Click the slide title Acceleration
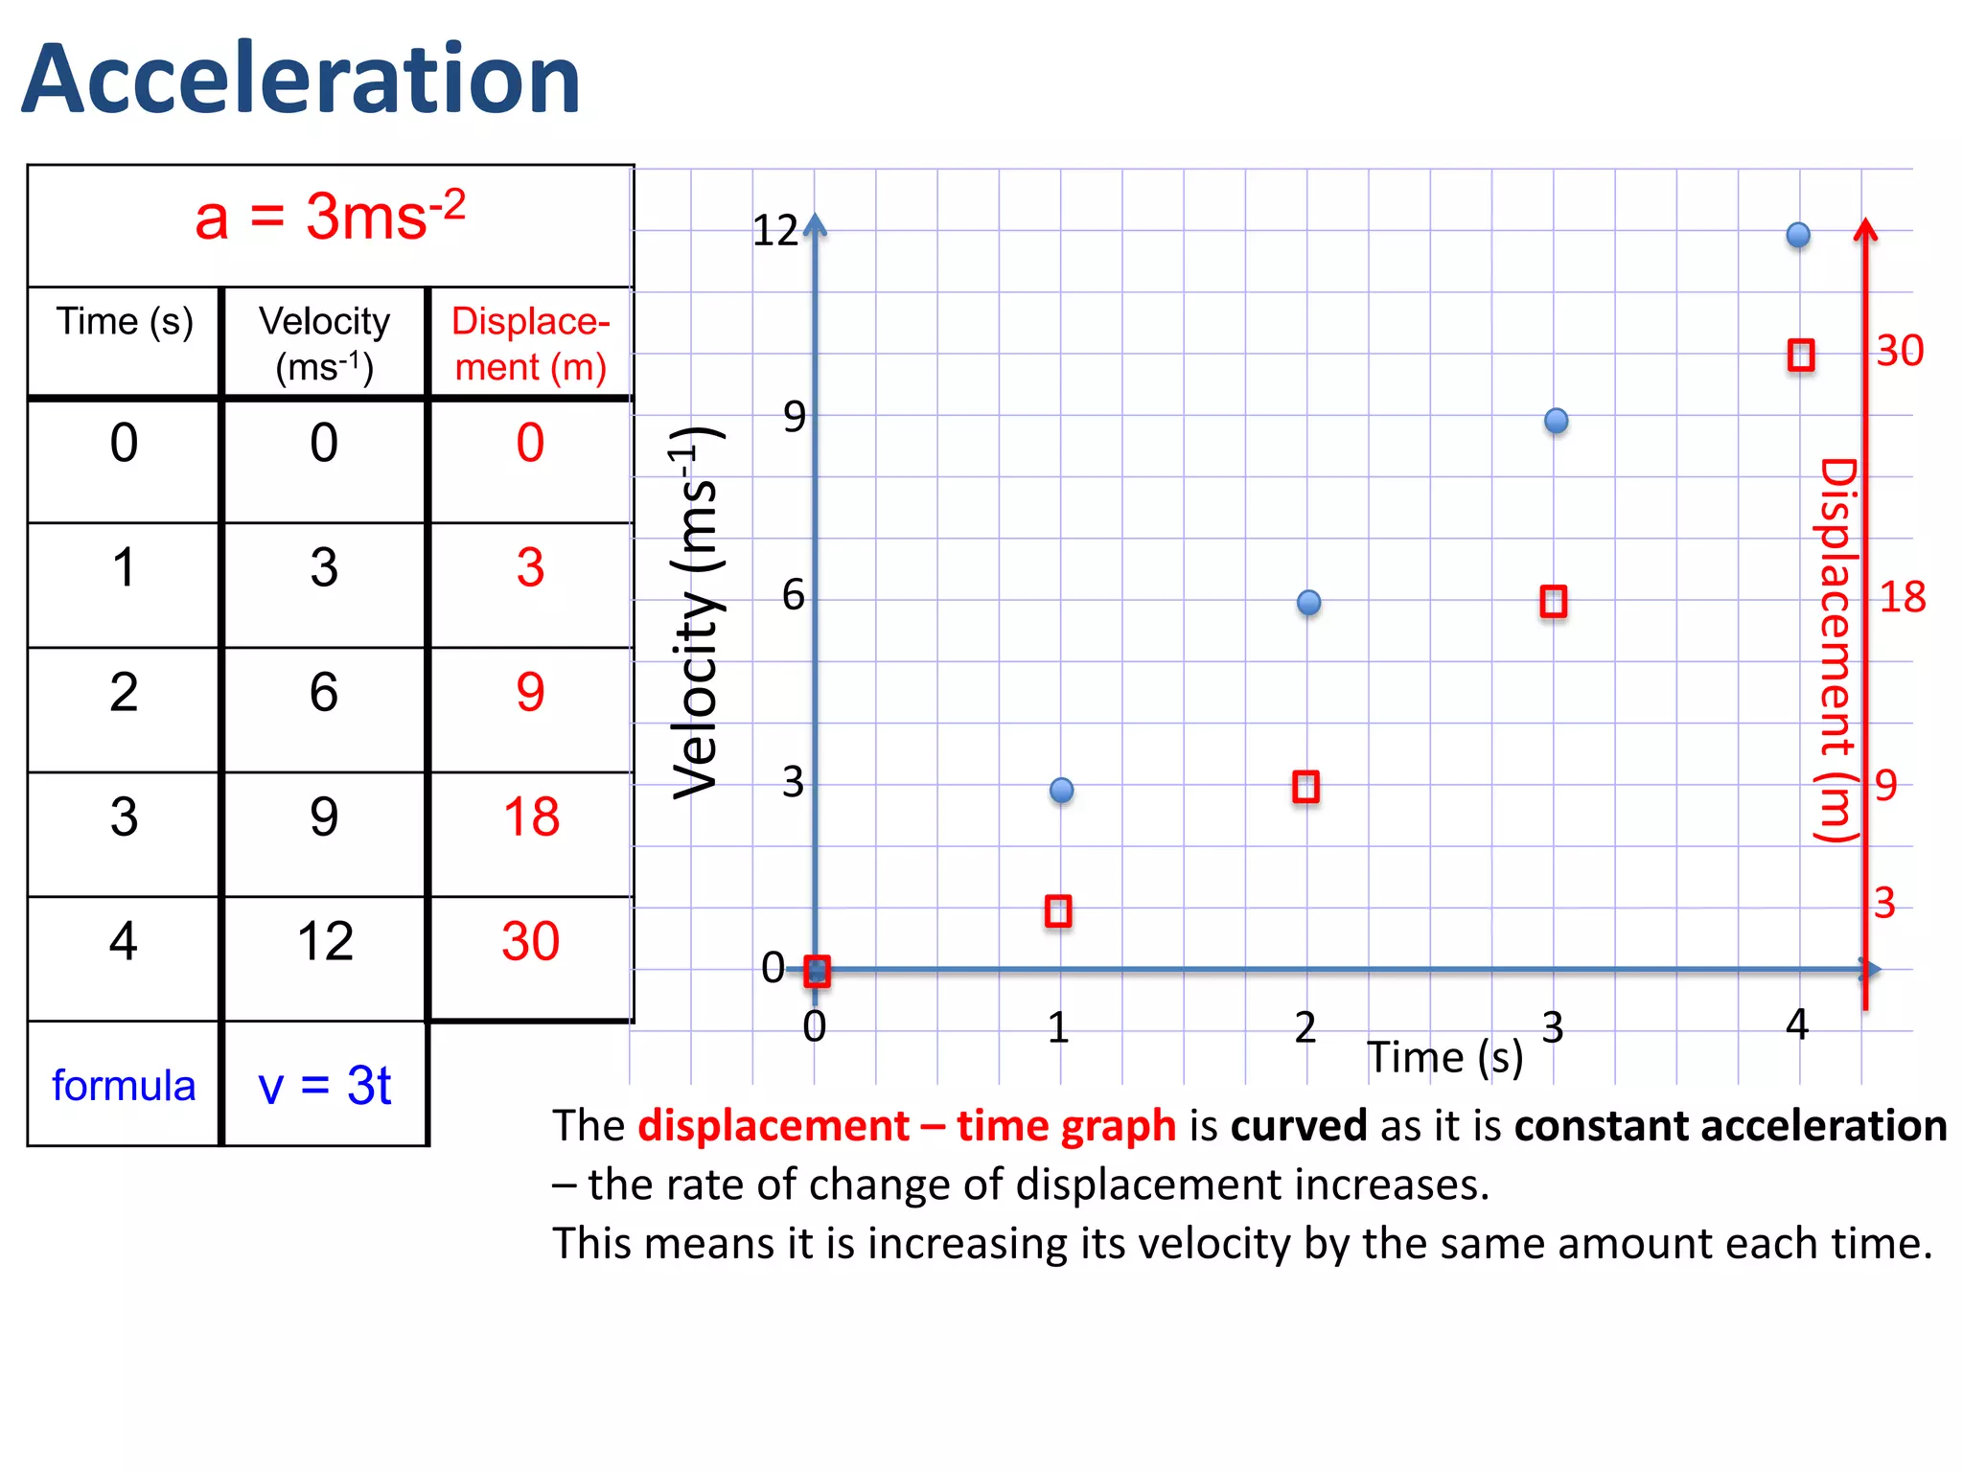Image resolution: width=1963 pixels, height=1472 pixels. tap(301, 79)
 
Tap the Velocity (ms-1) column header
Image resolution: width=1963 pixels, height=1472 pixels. tap(324, 343)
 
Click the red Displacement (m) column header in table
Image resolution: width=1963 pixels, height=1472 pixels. tap(530, 343)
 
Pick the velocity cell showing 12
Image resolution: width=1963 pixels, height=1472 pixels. tap(324, 941)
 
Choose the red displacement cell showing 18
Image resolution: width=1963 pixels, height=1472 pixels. tap(530, 817)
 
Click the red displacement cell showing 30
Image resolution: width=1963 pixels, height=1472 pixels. tap(530, 941)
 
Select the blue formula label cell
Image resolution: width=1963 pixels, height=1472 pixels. tap(124, 1086)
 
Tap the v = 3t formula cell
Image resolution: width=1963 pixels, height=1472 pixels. tap(324, 1086)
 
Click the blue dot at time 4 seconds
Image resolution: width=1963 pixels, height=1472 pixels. tap(1798, 235)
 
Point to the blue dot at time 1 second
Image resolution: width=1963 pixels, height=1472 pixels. tap(1061, 790)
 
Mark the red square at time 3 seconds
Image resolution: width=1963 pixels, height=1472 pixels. tap(1553, 602)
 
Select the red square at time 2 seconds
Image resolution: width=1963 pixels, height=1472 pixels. tap(1305, 787)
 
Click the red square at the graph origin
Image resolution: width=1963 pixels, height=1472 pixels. tap(817, 971)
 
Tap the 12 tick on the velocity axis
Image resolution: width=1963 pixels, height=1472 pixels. tap(774, 231)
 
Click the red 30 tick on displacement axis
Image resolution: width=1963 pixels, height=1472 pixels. tap(1900, 351)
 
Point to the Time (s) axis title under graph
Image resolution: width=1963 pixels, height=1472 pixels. tap(1444, 1058)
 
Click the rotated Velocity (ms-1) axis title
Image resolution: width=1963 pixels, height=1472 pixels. tap(696, 613)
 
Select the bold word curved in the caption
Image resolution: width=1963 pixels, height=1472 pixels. tap(1298, 1126)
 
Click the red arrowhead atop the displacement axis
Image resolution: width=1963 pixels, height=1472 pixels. tap(1865, 230)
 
